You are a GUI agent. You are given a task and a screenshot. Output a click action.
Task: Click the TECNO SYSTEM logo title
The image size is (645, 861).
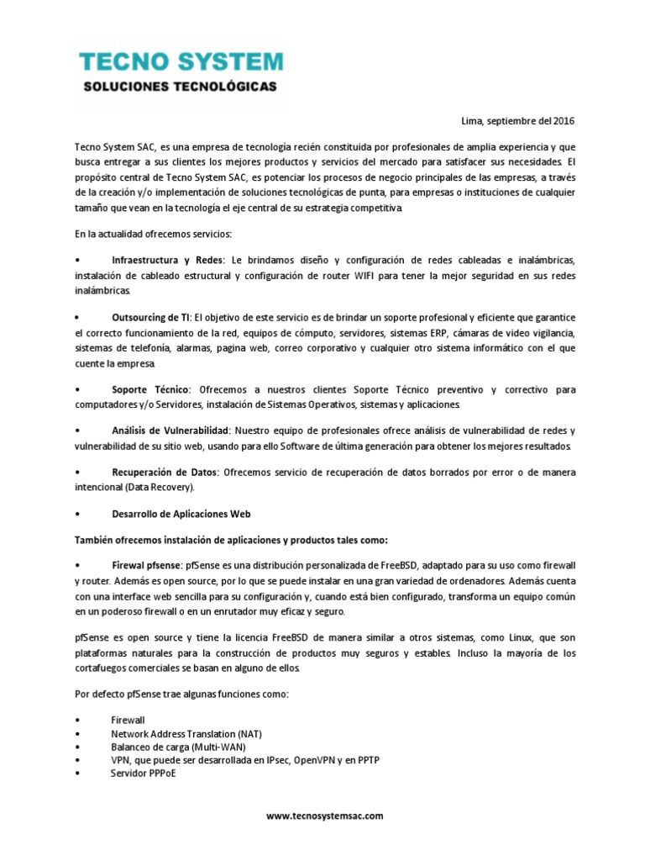(x=181, y=61)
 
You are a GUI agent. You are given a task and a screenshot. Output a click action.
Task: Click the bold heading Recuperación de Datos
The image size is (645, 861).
(x=165, y=473)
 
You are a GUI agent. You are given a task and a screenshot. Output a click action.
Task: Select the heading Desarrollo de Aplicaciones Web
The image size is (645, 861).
(x=181, y=513)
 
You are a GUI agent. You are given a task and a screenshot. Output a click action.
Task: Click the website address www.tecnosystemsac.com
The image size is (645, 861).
(x=324, y=816)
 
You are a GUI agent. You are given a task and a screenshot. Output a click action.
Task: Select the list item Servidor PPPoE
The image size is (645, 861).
(x=143, y=773)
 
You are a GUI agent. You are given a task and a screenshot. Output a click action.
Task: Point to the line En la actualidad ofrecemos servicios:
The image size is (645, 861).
(x=153, y=231)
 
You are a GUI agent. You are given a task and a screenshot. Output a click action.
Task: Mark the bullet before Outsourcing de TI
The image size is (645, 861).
(x=77, y=319)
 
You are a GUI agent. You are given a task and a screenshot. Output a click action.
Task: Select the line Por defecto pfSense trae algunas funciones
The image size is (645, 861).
(x=181, y=695)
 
